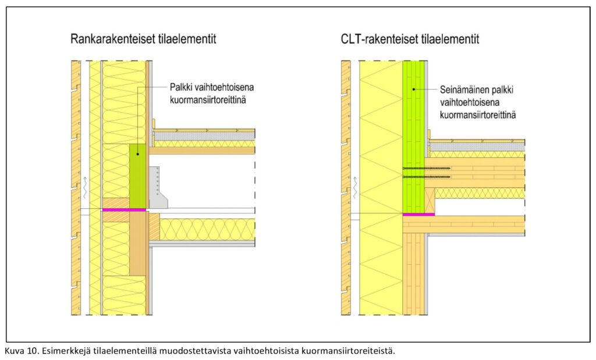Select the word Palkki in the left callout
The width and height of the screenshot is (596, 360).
click(182, 87)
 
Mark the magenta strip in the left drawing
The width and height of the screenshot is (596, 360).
click(124, 209)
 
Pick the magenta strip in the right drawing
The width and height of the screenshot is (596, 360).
click(418, 215)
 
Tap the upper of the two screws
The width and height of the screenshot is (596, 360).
click(426, 168)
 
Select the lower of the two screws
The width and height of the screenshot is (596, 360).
click(426, 176)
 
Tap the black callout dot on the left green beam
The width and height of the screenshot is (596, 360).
click(137, 154)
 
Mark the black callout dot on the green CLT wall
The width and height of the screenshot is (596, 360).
click(413, 89)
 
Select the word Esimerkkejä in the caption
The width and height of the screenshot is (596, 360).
click(61, 351)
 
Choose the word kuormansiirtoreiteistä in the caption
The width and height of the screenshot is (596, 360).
click(353, 351)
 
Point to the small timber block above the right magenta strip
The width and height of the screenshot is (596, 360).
click(431, 201)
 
